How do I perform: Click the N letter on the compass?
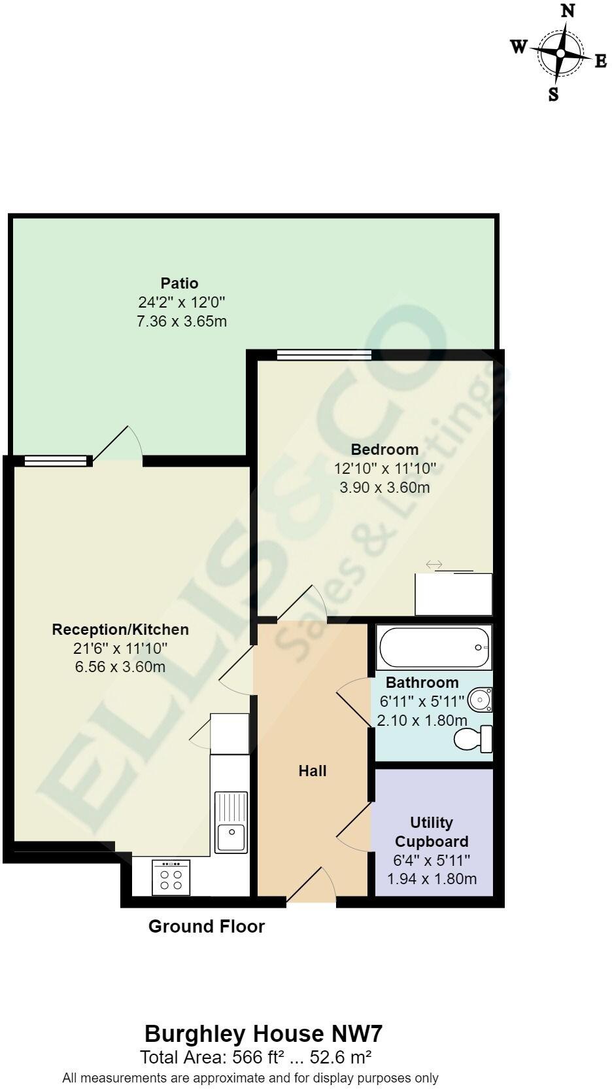pos(568,11)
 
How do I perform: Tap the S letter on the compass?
pos(553,94)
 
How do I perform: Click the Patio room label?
pos(179,283)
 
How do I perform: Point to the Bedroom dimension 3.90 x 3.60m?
pos(384,488)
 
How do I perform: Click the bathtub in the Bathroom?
pos(433,647)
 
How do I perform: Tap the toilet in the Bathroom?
pos(474,739)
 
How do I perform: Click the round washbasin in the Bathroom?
pos(481,700)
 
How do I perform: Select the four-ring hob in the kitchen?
pos(171,878)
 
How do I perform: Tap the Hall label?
pos(313,771)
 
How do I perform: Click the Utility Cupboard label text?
pos(432,832)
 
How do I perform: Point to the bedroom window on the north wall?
pos(324,355)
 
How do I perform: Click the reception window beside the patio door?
pos(55,461)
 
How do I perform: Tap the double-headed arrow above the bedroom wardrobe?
pos(434,564)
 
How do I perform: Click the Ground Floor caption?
pos(207,926)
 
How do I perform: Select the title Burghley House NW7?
pos(263,1035)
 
